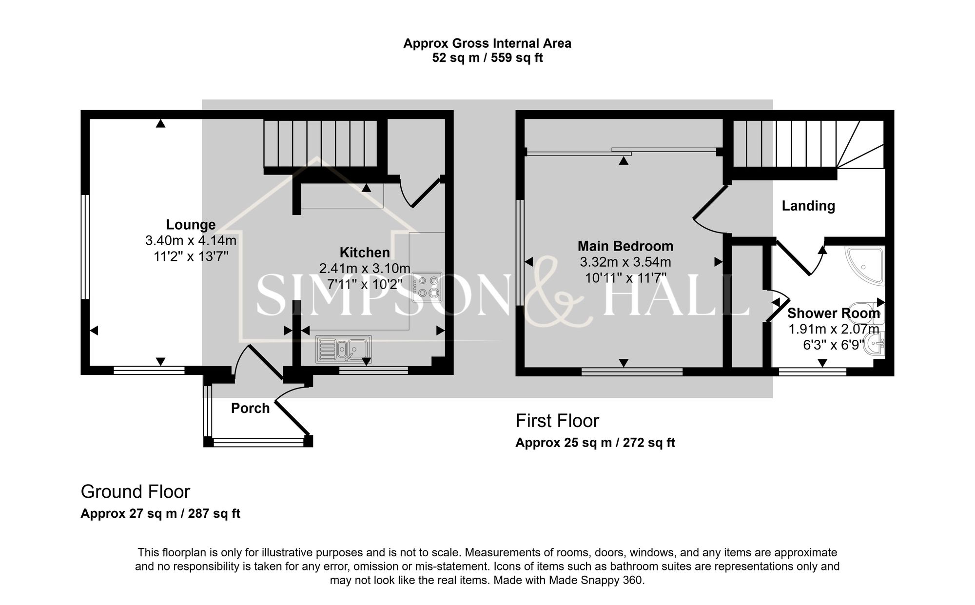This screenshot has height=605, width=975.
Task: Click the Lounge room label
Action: click(x=191, y=225)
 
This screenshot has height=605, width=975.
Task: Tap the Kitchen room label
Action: click(x=365, y=253)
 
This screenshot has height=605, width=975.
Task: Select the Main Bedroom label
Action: click(x=625, y=246)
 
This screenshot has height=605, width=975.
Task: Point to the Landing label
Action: click(x=808, y=206)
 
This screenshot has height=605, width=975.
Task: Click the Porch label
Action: click(x=250, y=408)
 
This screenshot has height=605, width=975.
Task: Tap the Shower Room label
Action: click(x=834, y=313)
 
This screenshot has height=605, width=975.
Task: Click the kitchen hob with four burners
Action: click(x=427, y=287)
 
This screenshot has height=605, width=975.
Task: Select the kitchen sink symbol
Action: click(x=343, y=349)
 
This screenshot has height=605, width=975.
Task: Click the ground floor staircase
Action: click(x=321, y=143)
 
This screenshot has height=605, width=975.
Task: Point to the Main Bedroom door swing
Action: click(x=709, y=215)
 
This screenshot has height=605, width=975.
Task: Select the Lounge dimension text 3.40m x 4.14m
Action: click(x=191, y=240)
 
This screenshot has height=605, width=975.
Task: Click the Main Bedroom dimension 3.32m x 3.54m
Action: click(x=625, y=262)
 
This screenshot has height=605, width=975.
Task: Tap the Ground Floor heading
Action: click(x=135, y=491)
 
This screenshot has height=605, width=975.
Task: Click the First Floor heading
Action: click(x=557, y=421)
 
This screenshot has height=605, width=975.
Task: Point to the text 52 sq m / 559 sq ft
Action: click(x=487, y=58)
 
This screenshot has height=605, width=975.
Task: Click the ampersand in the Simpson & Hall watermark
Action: click(x=561, y=293)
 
